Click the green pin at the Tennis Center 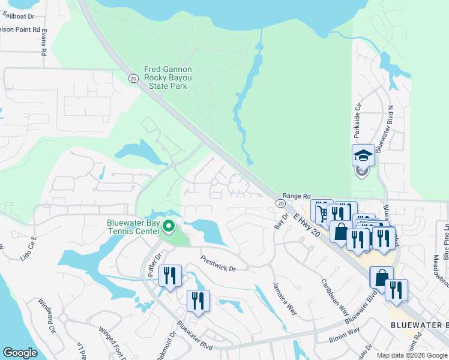coord(169,227)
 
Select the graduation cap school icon coord(363,156)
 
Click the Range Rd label coord(297,196)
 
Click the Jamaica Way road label coord(285,298)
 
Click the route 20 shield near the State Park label coord(133,77)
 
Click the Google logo coord(20,353)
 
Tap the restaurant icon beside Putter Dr coord(170,276)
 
